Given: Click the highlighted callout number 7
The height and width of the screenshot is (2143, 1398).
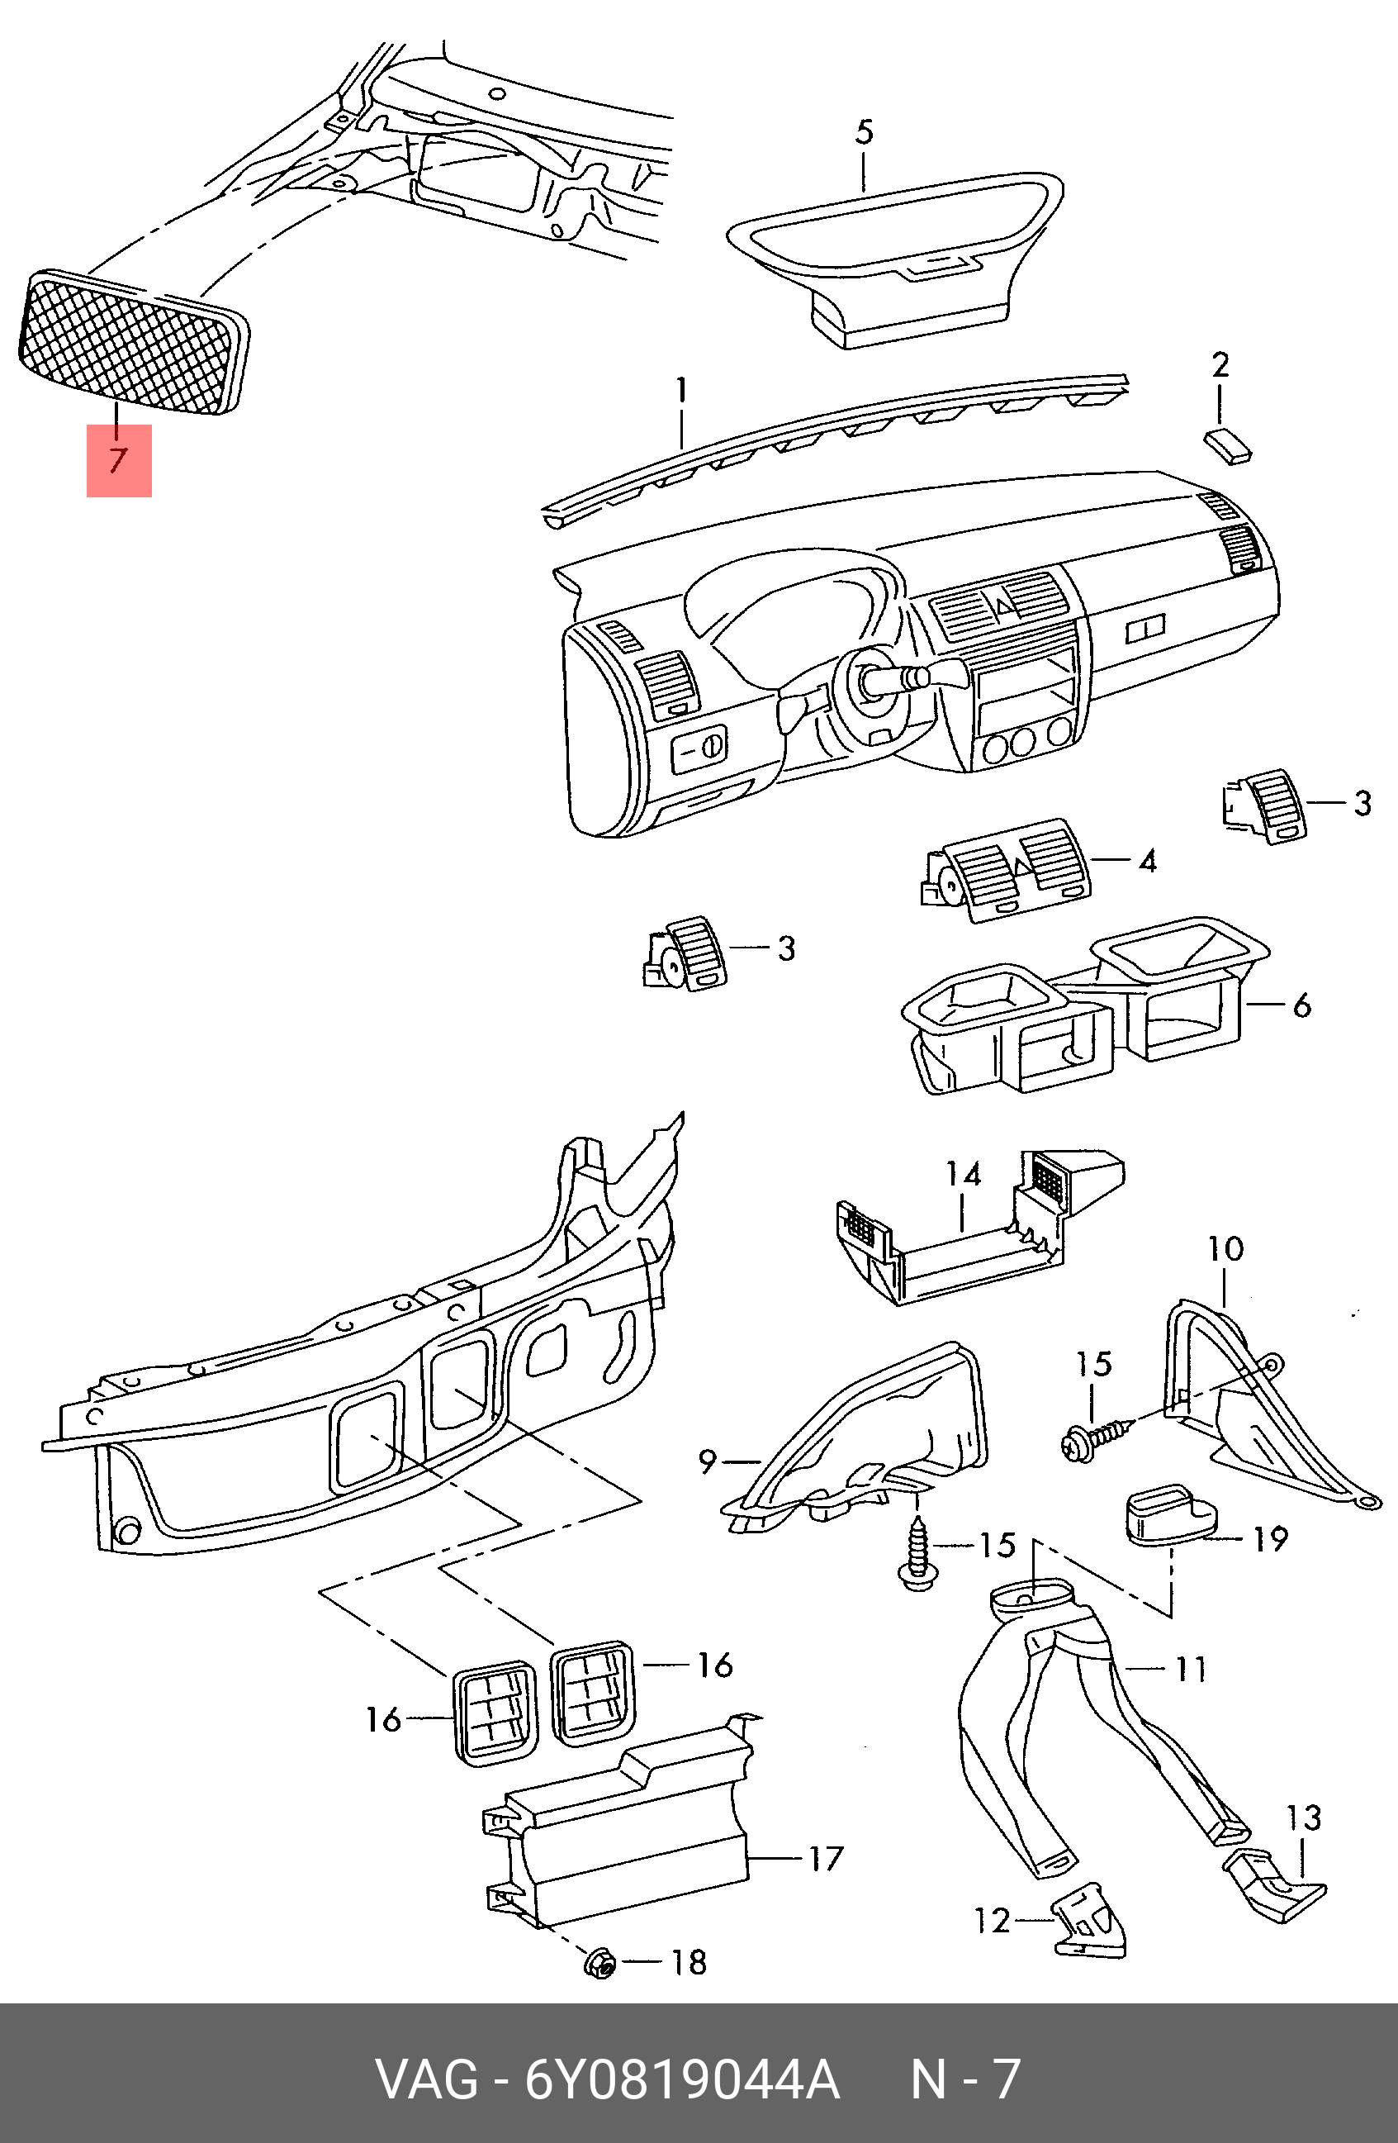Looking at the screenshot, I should tap(118, 460).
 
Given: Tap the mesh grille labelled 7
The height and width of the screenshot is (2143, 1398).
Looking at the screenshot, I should tap(133, 344).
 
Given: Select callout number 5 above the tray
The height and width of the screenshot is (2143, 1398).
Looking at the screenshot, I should tap(863, 132).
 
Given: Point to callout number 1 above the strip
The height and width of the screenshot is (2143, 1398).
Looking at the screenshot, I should tap(681, 391).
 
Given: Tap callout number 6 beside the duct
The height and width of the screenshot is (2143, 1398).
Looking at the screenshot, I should tap(1301, 1005).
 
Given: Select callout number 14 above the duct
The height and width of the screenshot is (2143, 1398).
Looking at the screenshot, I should tap(962, 1174).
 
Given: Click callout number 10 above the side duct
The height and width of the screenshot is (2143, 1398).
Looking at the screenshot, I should tap(1225, 1248).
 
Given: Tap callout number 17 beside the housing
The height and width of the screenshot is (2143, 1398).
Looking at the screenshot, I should tap(826, 1859).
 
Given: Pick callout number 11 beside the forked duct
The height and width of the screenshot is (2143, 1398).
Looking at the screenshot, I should tap(1191, 1669).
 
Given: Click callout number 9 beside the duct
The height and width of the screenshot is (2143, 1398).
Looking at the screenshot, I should tap(708, 1461).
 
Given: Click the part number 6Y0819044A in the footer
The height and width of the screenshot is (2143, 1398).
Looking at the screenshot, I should tap(681, 2080).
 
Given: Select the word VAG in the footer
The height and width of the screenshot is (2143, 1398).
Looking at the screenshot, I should tap(427, 2080).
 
